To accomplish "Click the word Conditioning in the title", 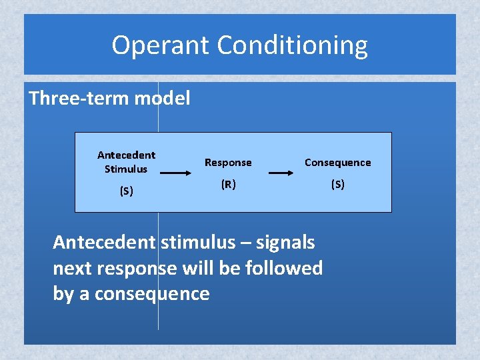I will click(293, 45).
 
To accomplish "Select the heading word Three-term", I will click(79, 99).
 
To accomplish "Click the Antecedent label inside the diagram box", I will click(126, 155).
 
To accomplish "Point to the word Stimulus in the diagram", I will click(126, 169).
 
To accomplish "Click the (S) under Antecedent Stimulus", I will click(126, 191).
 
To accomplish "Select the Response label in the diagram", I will click(228, 163).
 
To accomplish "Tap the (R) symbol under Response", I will click(228, 185).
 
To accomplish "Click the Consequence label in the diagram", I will click(337, 163).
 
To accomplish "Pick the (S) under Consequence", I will click(337, 185).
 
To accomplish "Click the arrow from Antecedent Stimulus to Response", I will click(177, 173).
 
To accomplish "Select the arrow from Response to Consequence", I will click(284, 173).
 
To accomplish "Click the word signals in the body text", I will click(285, 243).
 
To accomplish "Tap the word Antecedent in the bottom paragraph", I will click(104, 243).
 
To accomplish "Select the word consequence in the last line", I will click(152, 293).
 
